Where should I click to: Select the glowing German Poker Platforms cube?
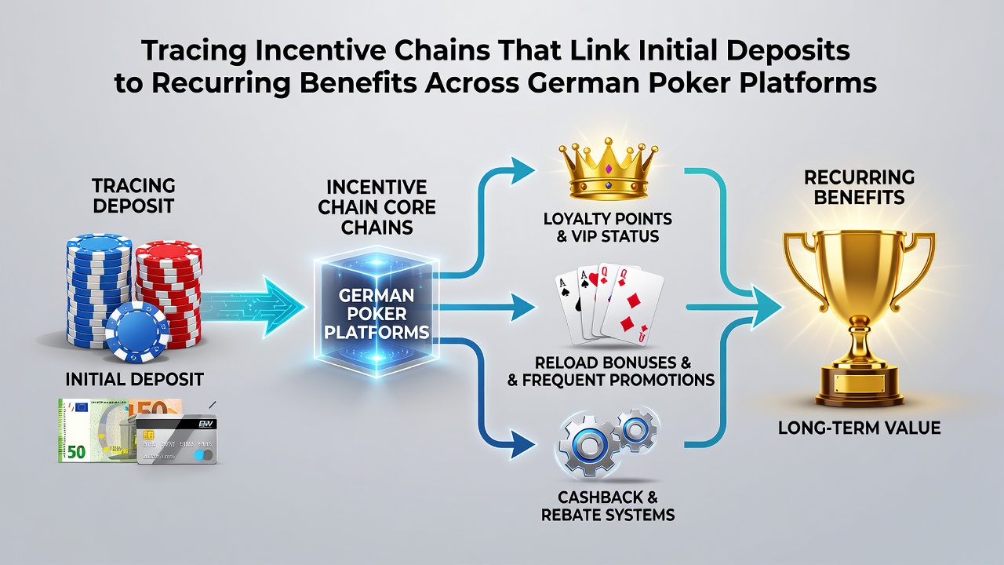376,312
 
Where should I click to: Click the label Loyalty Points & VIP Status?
608,228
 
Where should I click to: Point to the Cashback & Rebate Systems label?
608,506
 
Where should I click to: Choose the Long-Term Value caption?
859,428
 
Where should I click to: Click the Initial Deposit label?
134,380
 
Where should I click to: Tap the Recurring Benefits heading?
859,188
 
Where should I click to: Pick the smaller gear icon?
636,430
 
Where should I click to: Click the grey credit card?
176,439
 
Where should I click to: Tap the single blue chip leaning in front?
137,332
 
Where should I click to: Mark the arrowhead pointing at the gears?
523,444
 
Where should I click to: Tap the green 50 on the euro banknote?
76,452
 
